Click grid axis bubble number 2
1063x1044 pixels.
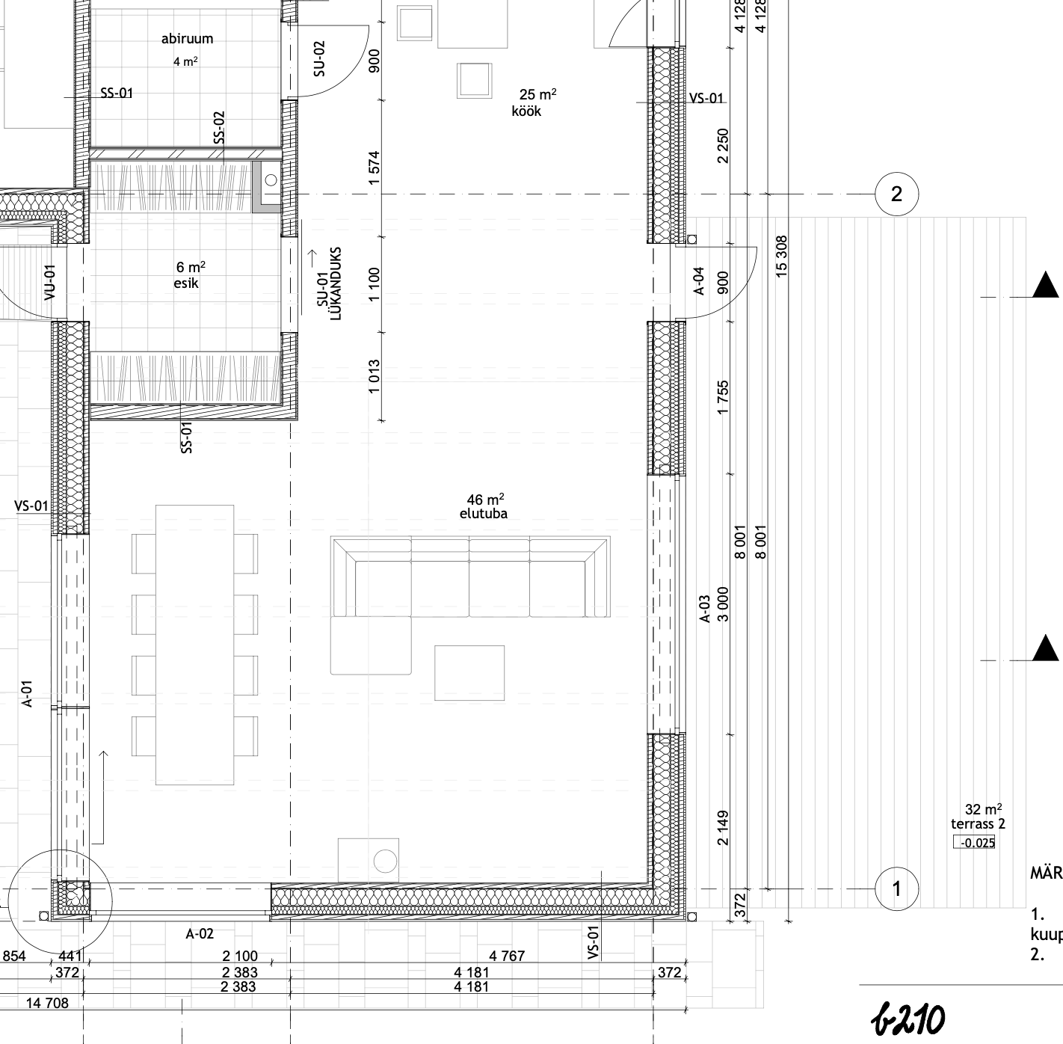tap(896, 194)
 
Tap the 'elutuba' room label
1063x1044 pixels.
tap(483, 514)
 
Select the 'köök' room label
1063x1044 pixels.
tap(526, 111)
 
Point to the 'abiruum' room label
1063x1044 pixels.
tap(187, 39)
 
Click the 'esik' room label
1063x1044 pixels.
tap(186, 283)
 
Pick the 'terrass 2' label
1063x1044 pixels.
tap(978, 824)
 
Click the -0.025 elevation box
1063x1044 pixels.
tap(974, 843)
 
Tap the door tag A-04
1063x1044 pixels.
tap(699, 281)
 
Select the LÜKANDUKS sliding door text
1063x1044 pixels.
tap(336, 283)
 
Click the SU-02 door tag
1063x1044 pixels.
tap(319, 58)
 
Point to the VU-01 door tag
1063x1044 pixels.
tap(49, 282)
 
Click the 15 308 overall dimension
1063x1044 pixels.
tap(781, 257)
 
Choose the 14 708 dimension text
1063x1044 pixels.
tap(47, 1003)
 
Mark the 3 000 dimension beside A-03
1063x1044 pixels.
tap(723, 604)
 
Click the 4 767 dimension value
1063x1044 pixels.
tap(507, 956)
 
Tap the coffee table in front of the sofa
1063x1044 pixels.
tap(469, 673)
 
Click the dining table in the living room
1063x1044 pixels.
tap(194, 645)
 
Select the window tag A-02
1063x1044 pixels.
tap(200, 933)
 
